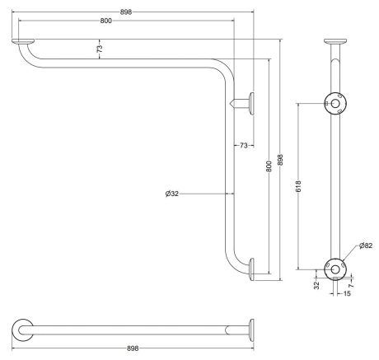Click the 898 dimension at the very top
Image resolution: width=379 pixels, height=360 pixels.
[126, 12]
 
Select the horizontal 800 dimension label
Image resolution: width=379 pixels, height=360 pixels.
[105, 21]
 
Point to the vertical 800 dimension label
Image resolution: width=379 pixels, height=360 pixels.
[269, 166]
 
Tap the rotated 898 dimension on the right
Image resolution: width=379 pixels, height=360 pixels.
[280, 160]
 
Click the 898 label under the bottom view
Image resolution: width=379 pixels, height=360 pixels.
[133, 348]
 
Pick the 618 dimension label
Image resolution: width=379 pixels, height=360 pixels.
[299, 186]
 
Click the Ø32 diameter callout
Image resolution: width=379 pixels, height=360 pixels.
[172, 194]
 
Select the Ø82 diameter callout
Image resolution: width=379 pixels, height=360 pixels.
[366, 245]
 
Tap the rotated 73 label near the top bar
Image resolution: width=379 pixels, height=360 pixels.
[100, 49]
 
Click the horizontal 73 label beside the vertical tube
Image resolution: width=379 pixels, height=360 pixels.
[244, 146]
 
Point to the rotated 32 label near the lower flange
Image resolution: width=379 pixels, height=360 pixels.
[317, 285]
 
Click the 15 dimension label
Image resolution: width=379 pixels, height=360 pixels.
[347, 293]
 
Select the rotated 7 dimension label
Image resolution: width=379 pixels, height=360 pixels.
[352, 286]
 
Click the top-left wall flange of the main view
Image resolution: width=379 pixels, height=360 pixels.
[23, 41]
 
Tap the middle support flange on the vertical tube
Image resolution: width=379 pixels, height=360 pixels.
[251, 104]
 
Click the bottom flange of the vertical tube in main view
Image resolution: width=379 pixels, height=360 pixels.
[251, 269]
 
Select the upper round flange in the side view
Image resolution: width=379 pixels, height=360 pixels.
[335, 104]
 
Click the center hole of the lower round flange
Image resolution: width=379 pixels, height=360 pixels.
[335, 269]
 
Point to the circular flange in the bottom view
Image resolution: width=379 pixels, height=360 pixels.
[23, 330]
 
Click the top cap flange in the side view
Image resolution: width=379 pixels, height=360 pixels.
[335, 41]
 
